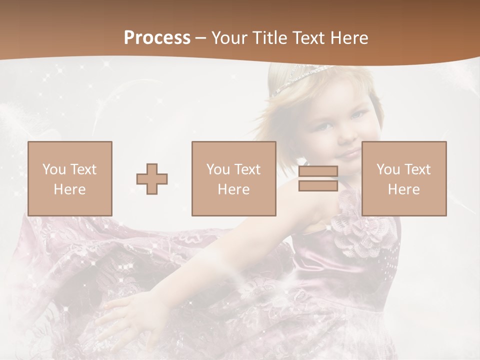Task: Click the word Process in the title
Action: pyautogui.click(x=157, y=38)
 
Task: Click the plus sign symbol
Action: pyautogui.click(x=152, y=179)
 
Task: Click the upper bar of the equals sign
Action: pyautogui.click(x=318, y=171)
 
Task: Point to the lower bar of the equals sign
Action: pyautogui.click(x=318, y=185)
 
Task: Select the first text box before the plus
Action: pyautogui.click(x=69, y=178)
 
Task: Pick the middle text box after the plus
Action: pyautogui.click(x=233, y=178)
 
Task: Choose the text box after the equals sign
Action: pyautogui.click(x=404, y=178)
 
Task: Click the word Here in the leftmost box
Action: pyautogui.click(x=69, y=189)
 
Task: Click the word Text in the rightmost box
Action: pyautogui.click(x=418, y=169)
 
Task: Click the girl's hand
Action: pyautogui.click(x=125, y=315)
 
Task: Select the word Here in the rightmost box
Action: pyautogui.click(x=404, y=189)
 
